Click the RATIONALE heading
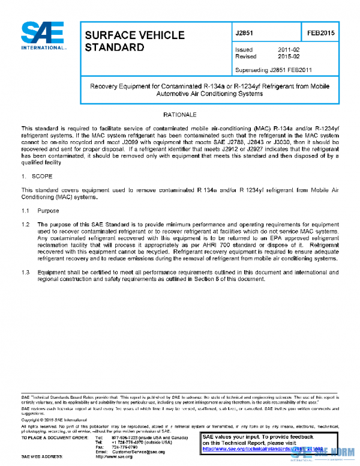coord(179,114)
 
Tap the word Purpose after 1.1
coord(48,211)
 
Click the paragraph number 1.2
coord(26,224)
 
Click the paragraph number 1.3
coord(26,272)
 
